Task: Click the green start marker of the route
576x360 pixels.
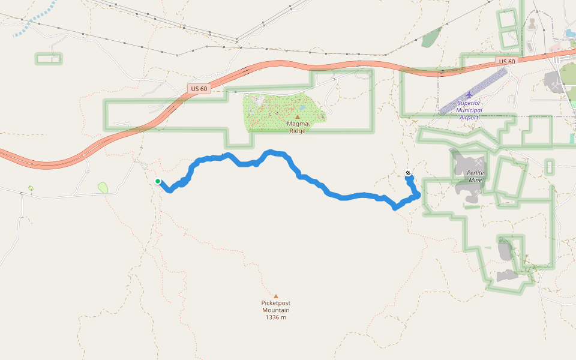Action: click(158, 181)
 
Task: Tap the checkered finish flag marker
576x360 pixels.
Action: click(409, 174)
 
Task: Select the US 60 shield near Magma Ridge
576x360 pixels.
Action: click(199, 89)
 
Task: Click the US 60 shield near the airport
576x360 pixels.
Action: click(507, 62)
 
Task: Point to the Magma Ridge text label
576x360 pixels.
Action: click(298, 127)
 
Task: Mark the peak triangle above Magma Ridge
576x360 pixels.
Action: click(298, 117)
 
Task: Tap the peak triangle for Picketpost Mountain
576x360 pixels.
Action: click(276, 296)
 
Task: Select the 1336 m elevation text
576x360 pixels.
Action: click(276, 317)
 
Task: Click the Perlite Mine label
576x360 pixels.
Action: click(476, 176)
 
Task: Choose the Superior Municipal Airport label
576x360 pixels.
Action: click(469, 110)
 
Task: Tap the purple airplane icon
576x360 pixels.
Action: click(469, 94)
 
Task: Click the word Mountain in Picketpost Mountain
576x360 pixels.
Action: click(276, 310)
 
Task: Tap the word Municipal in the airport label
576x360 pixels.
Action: click(469, 110)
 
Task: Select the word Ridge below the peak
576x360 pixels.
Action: click(298, 131)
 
